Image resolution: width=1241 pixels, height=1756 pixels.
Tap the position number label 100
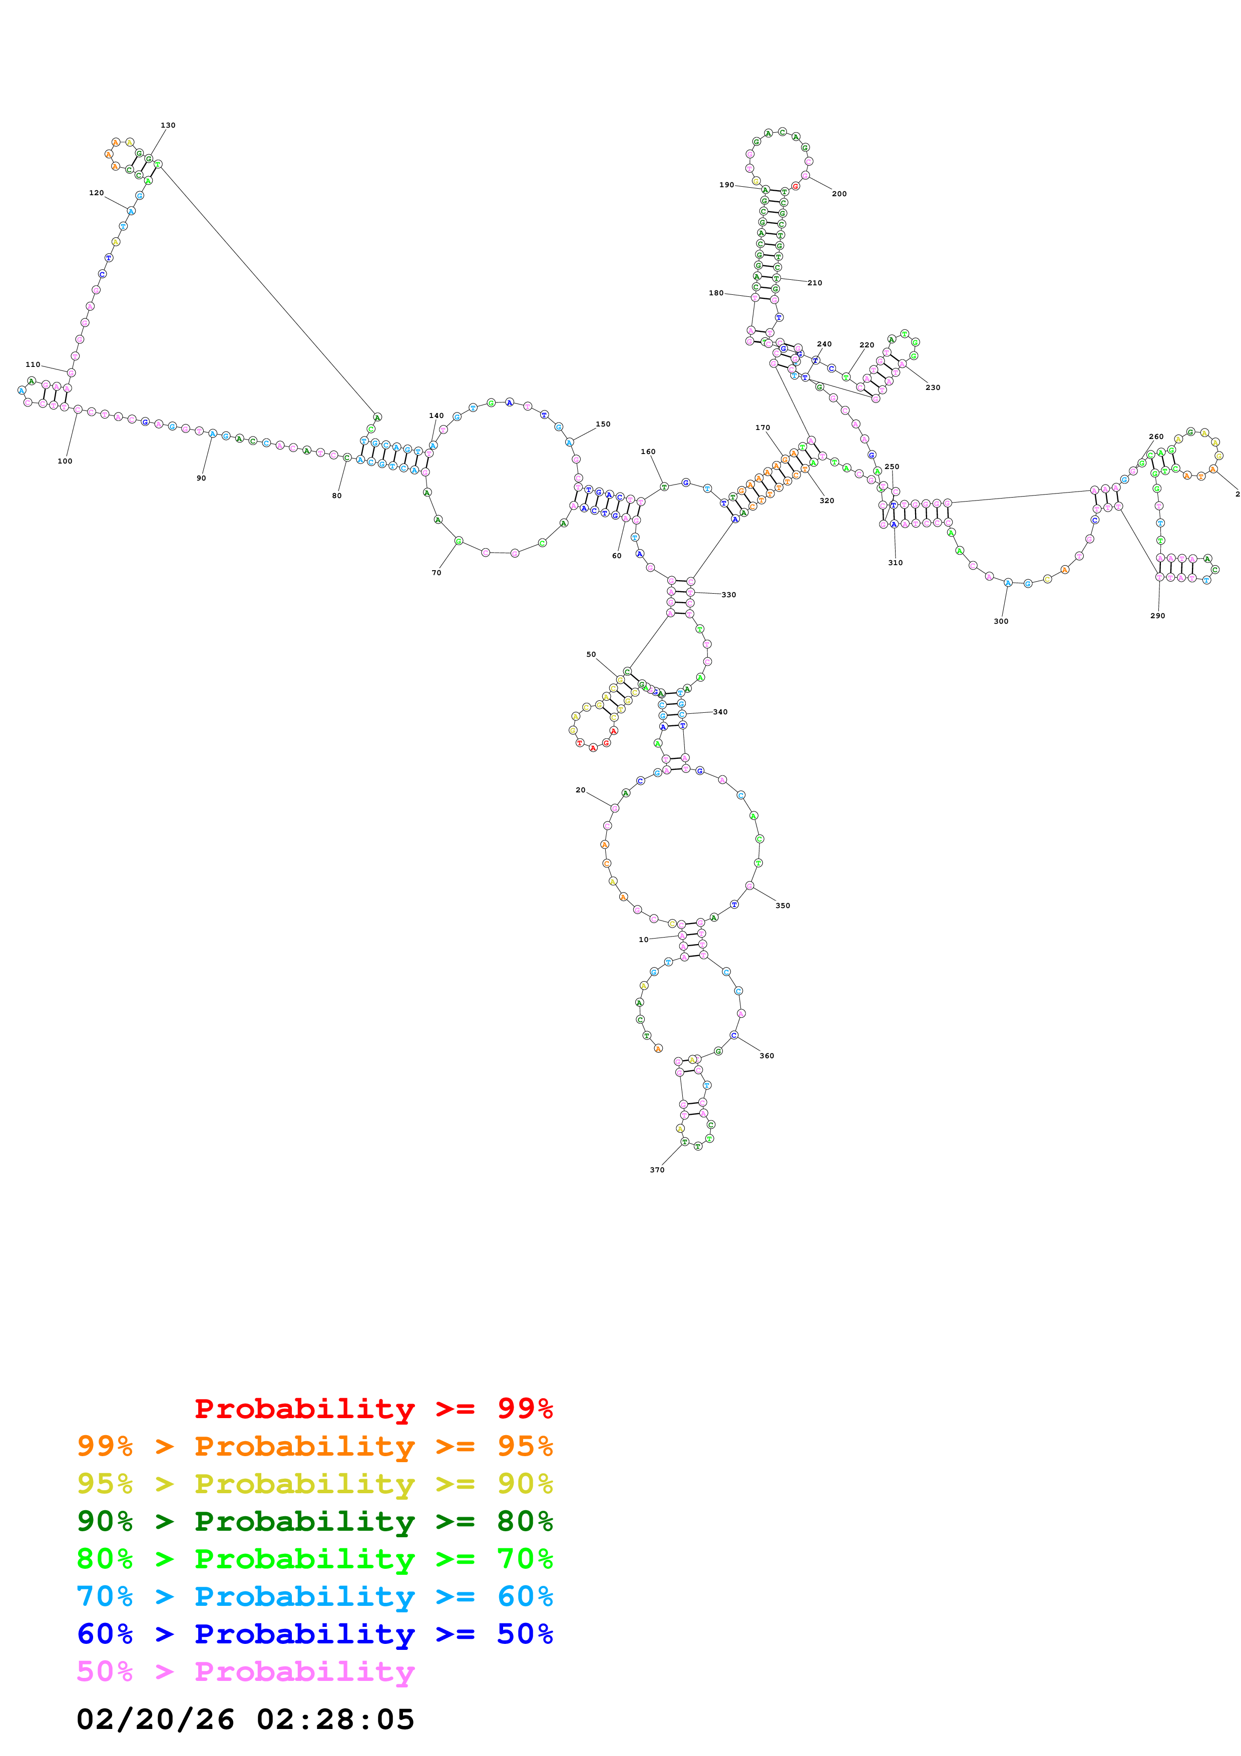65,461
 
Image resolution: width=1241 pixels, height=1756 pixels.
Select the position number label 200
839,194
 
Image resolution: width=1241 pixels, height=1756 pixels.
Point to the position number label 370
657,1169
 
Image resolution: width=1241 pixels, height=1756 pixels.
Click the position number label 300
1001,622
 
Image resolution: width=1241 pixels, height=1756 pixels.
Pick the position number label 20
580,790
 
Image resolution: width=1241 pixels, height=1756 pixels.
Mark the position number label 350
782,906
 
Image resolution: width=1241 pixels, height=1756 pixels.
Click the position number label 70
436,573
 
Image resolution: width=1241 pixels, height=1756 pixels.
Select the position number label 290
1158,616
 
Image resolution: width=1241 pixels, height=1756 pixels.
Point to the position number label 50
591,655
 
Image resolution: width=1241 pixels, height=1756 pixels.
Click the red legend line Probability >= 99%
373,1408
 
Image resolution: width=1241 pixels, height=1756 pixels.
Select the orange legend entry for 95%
314,1446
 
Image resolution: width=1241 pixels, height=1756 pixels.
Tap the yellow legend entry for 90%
314,1484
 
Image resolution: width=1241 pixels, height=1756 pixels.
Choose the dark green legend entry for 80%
314,1521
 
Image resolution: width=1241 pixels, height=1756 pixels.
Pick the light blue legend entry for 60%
314,1596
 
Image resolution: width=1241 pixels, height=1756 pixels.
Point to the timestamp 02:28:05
335,1719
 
